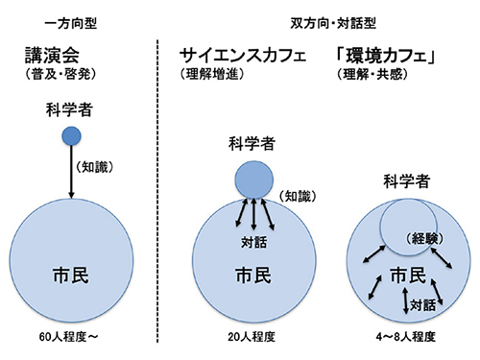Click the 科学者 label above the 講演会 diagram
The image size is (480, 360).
(x=70, y=110)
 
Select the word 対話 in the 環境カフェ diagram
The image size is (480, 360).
(x=421, y=308)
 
